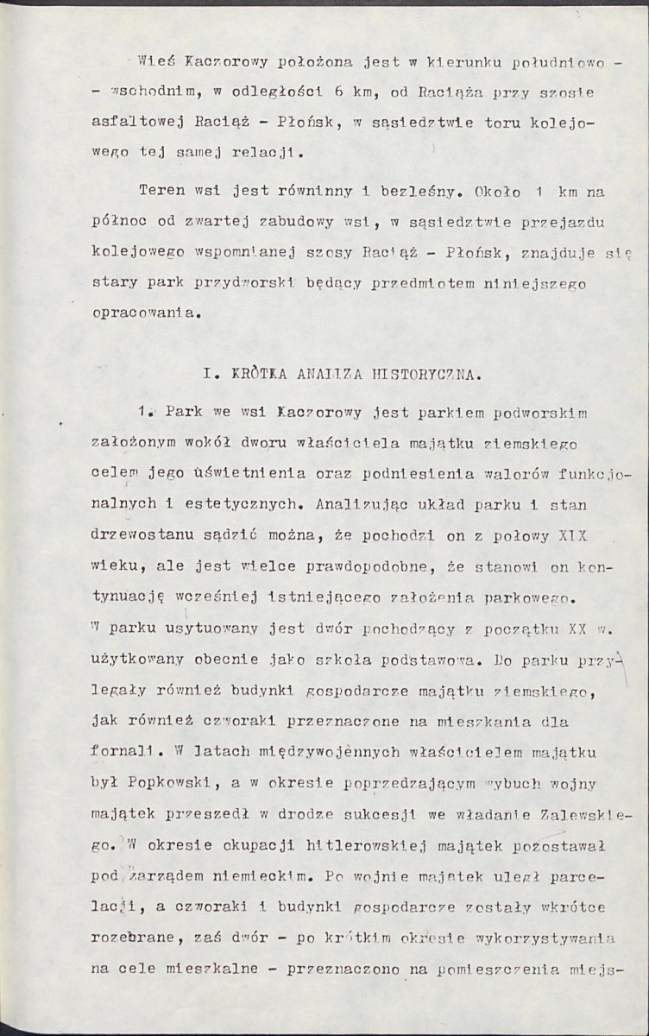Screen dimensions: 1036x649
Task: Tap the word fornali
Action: (x=125, y=751)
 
